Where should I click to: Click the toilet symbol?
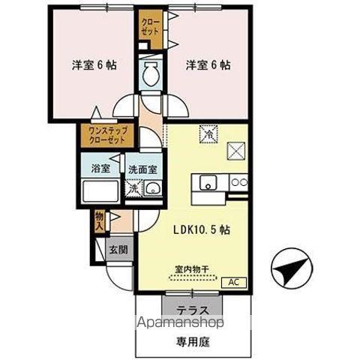[x=149, y=73]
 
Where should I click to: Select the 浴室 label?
[x=101, y=169]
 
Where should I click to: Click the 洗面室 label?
[x=141, y=169]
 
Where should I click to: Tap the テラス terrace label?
[x=193, y=309]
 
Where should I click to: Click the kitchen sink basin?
[x=207, y=182]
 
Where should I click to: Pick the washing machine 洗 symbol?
[x=133, y=187]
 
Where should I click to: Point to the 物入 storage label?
[x=98, y=219]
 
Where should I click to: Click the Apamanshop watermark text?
[x=180, y=324]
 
